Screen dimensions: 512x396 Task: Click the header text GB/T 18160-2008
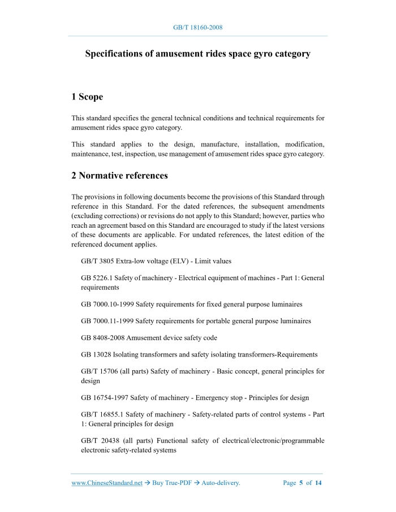click(x=197, y=27)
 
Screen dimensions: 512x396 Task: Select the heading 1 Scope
click(x=87, y=97)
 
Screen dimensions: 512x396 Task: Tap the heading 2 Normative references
click(x=119, y=176)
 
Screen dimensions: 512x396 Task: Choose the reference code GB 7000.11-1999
click(x=107, y=321)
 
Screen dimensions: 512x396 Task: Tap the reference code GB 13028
click(x=96, y=354)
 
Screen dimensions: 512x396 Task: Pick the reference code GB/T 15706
click(x=102, y=371)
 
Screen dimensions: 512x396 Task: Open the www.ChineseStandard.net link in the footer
click(x=107, y=483)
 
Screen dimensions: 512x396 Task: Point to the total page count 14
click(x=318, y=483)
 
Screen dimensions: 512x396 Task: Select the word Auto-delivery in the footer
click(x=221, y=483)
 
